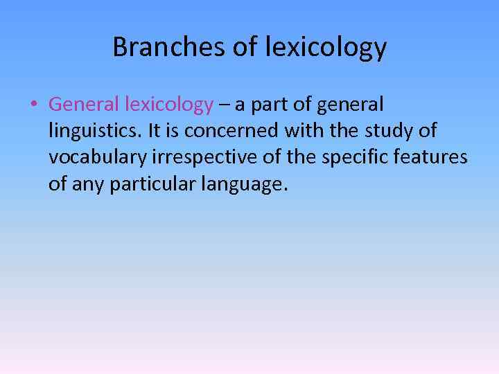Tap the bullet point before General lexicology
33,105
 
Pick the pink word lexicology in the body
169,105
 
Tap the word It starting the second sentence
156,131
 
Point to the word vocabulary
97,157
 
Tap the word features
433,157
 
